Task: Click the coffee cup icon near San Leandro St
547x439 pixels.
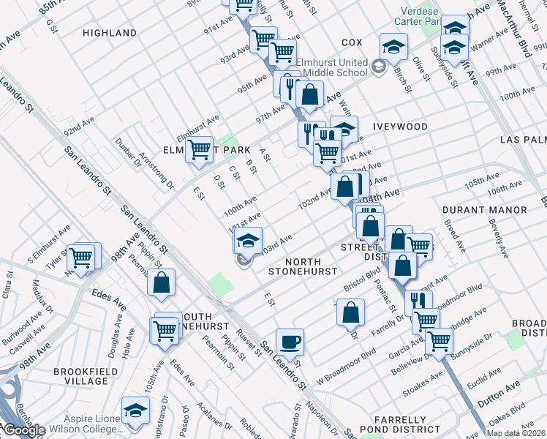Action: click(290, 342)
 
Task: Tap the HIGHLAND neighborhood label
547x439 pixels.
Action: click(110, 33)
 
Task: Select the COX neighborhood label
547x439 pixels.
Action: click(352, 43)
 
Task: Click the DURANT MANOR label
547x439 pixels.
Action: click(484, 210)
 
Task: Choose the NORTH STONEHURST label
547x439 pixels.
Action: click(303, 266)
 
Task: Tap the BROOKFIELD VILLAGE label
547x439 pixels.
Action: click(80, 376)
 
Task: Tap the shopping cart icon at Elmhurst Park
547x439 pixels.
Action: click(199, 150)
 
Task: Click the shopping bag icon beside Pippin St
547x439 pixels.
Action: click(161, 283)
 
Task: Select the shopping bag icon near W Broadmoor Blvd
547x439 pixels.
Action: click(351, 312)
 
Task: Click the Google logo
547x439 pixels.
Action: click(23, 430)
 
